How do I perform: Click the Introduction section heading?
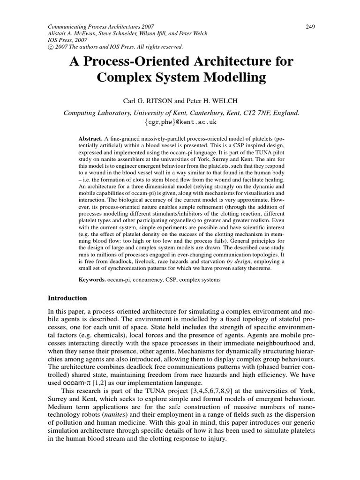click(68, 298)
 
